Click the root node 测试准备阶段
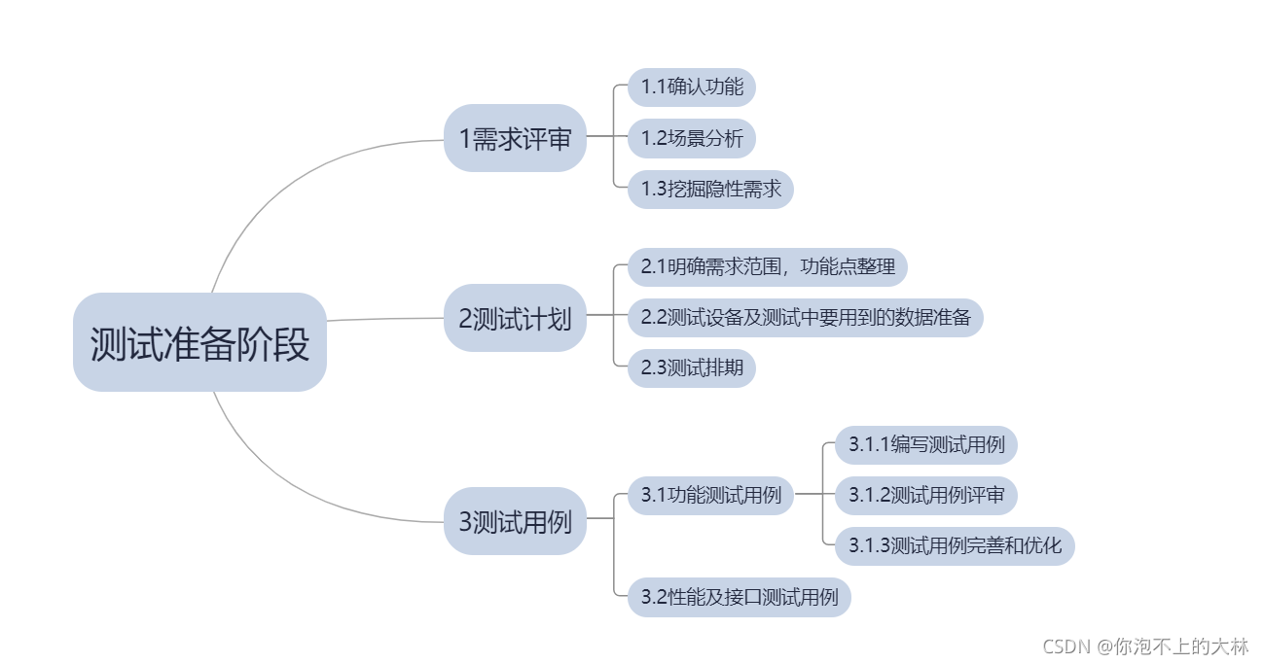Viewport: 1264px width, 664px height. (x=199, y=342)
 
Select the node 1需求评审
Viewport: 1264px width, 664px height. (x=515, y=138)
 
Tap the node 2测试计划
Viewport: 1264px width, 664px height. (x=515, y=317)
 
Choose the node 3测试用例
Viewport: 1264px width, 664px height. (x=515, y=521)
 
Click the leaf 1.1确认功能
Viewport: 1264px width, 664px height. (x=692, y=87)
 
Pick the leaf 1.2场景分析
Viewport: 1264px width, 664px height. (x=692, y=138)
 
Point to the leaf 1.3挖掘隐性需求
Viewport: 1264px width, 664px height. (x=710, y=189)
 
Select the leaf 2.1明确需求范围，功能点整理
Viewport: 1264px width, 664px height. (x=768, y=265)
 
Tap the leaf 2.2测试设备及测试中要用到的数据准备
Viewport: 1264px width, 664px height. (x=805, y=317)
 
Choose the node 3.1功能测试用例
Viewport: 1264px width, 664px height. (x=710, y=495)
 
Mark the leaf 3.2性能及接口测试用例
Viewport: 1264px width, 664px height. (x=739, y=596)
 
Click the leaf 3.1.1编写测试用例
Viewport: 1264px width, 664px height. (x=925, y=444)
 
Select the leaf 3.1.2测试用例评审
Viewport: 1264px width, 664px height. (x=925, y=495)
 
